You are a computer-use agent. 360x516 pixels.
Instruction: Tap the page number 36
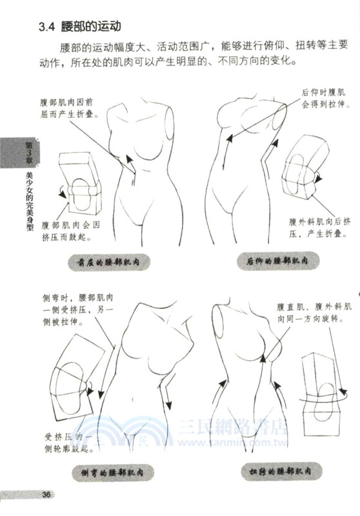point(46,495)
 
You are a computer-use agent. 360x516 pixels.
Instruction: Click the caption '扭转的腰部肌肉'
point(278,473)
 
